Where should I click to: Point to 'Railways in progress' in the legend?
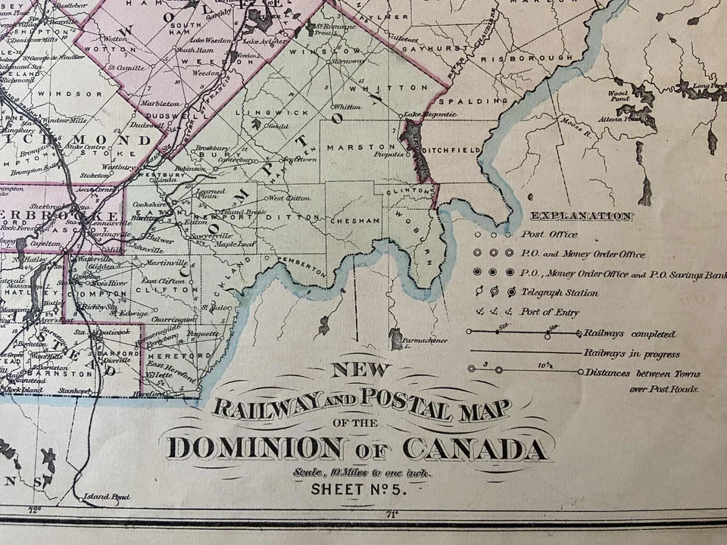pos(632,353)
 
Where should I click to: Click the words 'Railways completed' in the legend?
pos(629,334)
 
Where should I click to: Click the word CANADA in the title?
pos(475,450)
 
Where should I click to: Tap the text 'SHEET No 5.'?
pos(359,489)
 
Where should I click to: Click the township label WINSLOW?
pos(314,53)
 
